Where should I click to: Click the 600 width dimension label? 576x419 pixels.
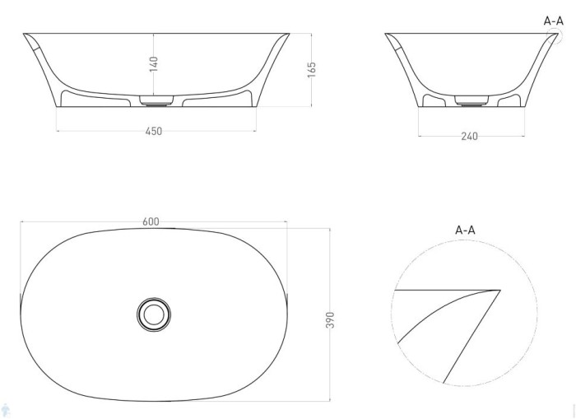click(x=151, y=221)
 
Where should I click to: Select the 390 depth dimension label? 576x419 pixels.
click(x=331, y=319)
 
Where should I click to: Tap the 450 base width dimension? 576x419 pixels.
click(x=154, y=132)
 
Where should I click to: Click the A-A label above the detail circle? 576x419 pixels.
click(x=465, y=230)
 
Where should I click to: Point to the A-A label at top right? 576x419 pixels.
click(x=554, y=21)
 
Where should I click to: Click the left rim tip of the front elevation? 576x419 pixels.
click(x=25, y=35)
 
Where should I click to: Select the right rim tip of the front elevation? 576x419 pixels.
click(x=289, y=35)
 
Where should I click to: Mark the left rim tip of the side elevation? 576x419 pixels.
click(x=387, y=35)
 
